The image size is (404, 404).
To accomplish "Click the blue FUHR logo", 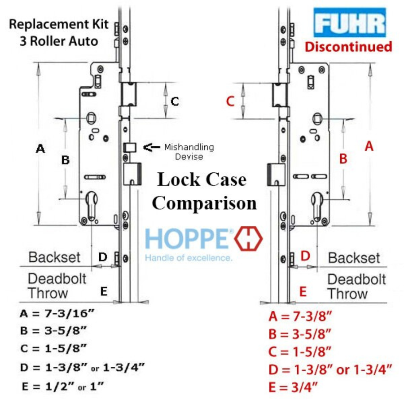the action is coord(350,23).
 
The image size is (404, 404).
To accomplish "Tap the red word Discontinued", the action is coord(348,47).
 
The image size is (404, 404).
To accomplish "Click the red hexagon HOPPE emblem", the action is coord(248,239).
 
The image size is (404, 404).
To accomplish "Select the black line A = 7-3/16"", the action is coord(57,313).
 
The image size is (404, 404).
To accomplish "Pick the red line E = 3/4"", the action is coord(293,387).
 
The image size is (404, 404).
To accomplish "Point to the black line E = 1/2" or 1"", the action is coord(63,386).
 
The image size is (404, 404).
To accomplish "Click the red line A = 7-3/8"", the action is coord(300,316).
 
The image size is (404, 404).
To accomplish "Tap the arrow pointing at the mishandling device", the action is coord(152,147).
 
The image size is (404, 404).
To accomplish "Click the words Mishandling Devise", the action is coord(189,152).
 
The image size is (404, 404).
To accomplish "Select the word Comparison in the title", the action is coord(204,203).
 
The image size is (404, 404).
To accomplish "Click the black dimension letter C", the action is coord(175,101).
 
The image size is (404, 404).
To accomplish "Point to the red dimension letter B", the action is coord(343,159).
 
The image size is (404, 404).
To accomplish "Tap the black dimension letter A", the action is coord(40,149).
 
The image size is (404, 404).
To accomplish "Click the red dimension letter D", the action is coord(305,256).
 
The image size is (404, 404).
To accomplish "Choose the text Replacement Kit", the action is coord(59,25).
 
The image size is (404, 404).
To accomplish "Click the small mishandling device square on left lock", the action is coord(130,147).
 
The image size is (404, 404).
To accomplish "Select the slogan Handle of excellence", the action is coord(189,258).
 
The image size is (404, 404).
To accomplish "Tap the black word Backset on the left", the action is coord(55,257).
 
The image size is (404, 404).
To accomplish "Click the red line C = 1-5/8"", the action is coord(300,351).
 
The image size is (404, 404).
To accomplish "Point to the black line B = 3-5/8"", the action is coord(53,330).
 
